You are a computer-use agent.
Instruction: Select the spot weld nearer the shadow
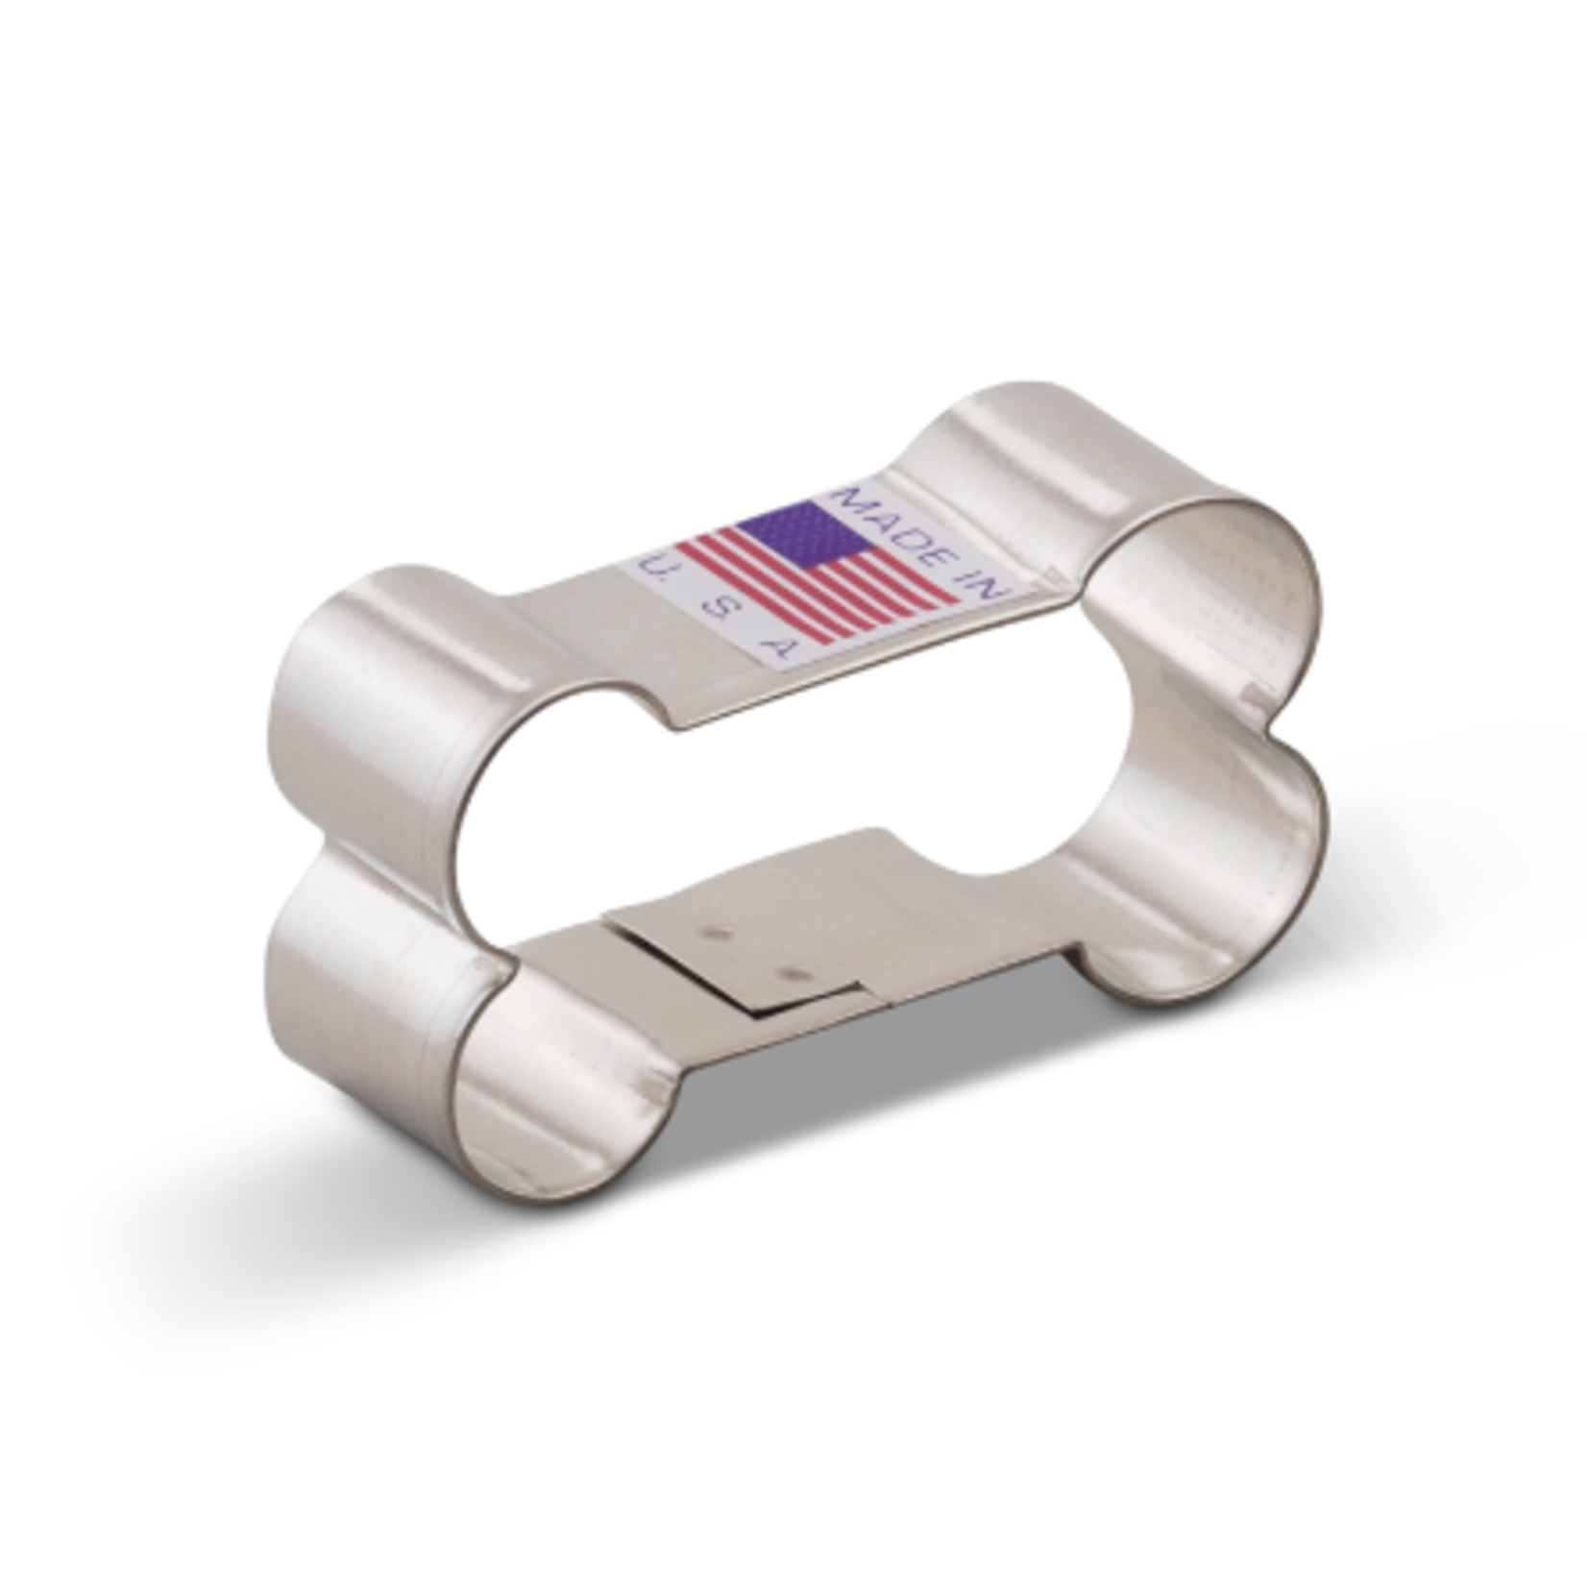[x=793, y=973]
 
